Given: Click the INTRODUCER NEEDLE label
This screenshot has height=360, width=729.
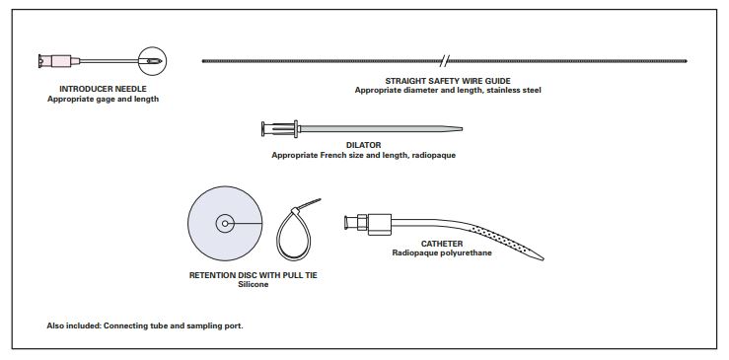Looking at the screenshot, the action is pyautogui.click(x=103, y=89).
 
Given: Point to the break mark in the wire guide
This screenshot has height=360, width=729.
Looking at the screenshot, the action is pyautogui.click(x=445, y=60).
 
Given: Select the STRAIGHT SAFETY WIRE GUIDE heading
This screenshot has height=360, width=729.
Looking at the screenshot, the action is pyautogui.click(x=448, y=81).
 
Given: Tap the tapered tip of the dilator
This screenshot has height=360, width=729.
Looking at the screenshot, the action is pyautogui.click(x=460, y=129).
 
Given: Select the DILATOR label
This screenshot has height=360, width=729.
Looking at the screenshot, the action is pyautogui.click(x=364, y=146).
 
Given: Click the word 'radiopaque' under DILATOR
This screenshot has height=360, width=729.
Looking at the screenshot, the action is pyautogui.click(x=436, y=156).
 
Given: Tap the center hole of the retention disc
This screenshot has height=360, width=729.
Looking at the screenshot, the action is pyautogui.click(x=225, y=223).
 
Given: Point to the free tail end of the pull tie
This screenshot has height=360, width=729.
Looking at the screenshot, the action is pyautogui.click(x=320, y=200).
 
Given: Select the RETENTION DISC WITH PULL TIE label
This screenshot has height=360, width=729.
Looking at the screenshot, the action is pyautogui.click(x=253, y=275).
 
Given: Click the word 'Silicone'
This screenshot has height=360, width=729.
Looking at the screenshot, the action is pyautogui.click(x=253, y=285).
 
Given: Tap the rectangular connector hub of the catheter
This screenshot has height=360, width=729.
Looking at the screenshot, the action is pyautogui.click(x=380, y=224).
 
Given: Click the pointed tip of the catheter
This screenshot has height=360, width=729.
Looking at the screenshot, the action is pyautogui.click(x=542, y=258).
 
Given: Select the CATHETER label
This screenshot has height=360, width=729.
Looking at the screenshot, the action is pyautogui.click(x=442, y=244).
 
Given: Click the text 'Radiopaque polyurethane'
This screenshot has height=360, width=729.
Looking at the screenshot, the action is pyautogui.click(x=442, y=253).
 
